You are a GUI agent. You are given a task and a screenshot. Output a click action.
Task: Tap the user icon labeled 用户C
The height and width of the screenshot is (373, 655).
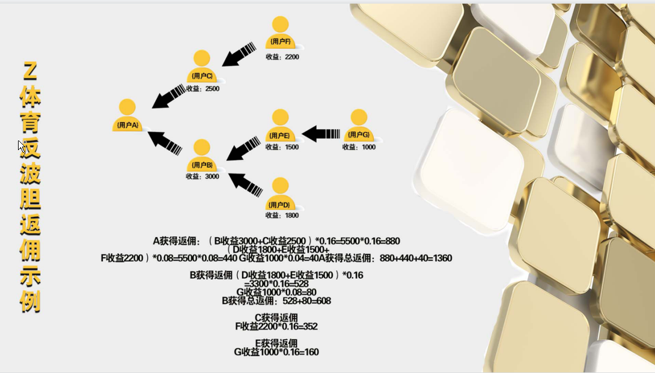point(203,66)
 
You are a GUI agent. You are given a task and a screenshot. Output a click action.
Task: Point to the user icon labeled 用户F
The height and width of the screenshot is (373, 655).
point(281,32)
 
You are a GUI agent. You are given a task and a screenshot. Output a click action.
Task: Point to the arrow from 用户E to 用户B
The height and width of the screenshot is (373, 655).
point(243,149)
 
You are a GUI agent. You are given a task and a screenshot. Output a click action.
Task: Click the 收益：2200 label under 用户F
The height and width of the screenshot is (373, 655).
point(282,57)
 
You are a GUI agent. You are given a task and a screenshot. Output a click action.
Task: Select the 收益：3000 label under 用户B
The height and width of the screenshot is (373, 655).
point(203,177)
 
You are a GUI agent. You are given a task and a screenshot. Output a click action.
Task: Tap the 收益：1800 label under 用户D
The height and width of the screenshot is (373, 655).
point(282,215)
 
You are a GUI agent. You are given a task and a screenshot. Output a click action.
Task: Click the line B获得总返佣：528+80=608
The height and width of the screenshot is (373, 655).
point(276,301)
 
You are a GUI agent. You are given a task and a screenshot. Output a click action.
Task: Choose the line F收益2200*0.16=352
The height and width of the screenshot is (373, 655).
point(276,327)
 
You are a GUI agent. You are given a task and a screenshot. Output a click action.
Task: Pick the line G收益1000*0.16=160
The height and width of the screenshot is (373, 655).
point(276,352)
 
